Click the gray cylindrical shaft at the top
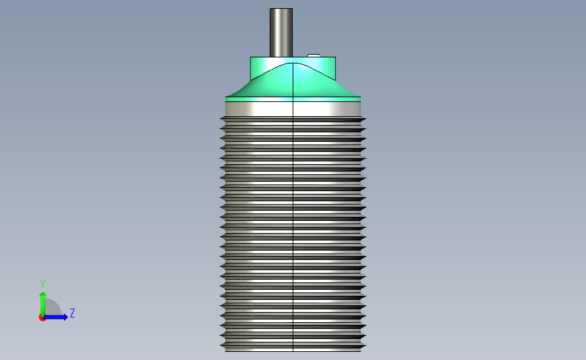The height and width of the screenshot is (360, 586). (281, 32)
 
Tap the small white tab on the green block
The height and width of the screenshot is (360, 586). (314, 55)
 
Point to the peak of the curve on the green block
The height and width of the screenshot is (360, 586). (293, 63)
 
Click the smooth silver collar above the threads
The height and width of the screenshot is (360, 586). (293, 109)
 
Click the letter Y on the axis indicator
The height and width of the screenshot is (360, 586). (42, 284)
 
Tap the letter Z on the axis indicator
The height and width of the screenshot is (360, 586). (72, 313)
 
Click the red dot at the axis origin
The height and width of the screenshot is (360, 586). (42, 317)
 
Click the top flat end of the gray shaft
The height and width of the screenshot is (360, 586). (281, 9)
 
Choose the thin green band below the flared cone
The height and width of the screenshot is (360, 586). (293, 99)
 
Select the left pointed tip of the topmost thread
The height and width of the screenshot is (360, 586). (220, 120)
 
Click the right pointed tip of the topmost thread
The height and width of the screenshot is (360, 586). (366, 120)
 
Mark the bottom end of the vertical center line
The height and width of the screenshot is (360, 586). (293, 351)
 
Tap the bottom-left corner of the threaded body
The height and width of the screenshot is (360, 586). (226, 350)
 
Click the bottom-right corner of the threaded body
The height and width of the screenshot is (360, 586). (360, 350)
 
